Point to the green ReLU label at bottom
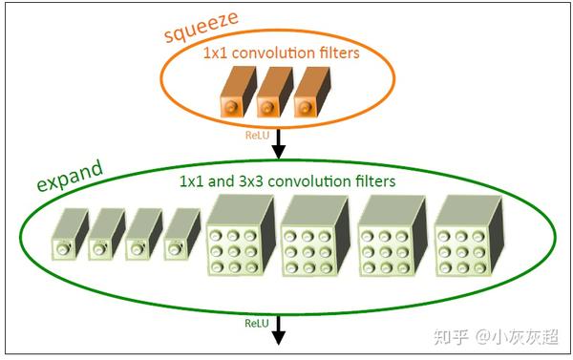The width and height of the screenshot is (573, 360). pyautogui.click(x=256, y=324)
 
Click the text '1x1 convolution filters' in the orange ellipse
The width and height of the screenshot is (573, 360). pyautogui.click(x=281, y=53)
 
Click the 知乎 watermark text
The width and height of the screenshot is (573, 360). pyautogui.click(x=449, y=336)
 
